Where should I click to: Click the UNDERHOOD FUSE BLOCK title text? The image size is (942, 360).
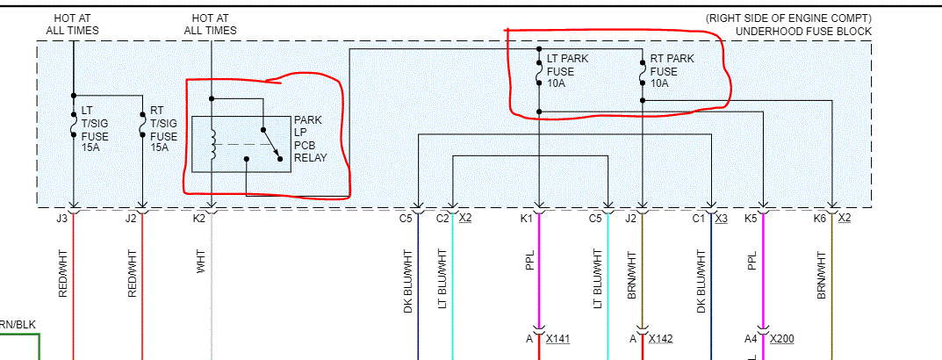tap(803, 32)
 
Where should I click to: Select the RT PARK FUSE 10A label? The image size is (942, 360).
tap(672, 71)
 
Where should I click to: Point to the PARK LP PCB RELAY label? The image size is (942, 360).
tap(310, 139)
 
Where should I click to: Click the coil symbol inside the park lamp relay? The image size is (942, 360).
tap(212, 145)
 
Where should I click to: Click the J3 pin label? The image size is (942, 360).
tap(61, 218)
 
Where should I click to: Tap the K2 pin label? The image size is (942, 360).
tap(200, 218)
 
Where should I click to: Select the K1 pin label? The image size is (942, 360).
tap(527, 218)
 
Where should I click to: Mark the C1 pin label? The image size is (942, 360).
tap(699, 218)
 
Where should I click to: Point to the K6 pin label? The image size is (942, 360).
tap(820, 218)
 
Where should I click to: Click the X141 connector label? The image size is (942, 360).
tap(558, 339)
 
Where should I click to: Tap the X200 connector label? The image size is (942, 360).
tap(782, 339)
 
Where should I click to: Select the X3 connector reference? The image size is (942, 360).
tap(721, 218)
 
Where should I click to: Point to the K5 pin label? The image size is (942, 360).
tap(751, 218)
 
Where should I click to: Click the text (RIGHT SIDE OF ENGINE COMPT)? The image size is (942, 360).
tap(788, 18)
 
